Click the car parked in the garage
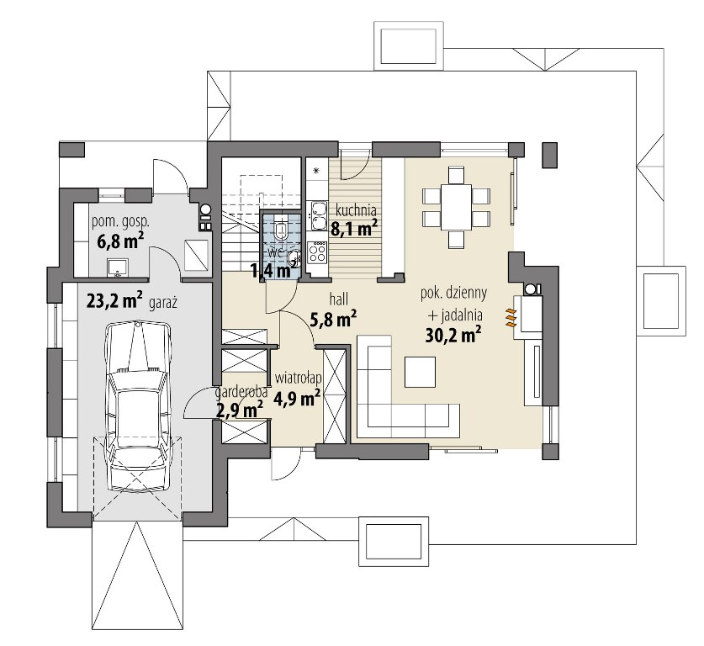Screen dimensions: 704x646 (138, 405)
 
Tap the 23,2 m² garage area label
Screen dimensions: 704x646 (114, 300)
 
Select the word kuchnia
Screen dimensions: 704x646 (356, 210)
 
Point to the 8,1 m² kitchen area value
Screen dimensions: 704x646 (354, 228)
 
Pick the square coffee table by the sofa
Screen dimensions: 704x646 (420, 372)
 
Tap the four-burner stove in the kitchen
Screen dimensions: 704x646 (317, 252)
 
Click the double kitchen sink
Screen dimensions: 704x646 (318, 215)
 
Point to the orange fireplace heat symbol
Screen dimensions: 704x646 (511, 317)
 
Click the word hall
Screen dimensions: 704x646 (339, 299)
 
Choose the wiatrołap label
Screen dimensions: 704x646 (298, 379)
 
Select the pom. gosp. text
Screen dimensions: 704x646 (120, 222)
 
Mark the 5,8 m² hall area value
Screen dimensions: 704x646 (334, 319)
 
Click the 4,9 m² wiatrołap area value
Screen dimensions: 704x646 (296, 398)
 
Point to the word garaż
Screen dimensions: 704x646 (163, 303)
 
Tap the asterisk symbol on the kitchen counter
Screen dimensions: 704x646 (315, 171)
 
